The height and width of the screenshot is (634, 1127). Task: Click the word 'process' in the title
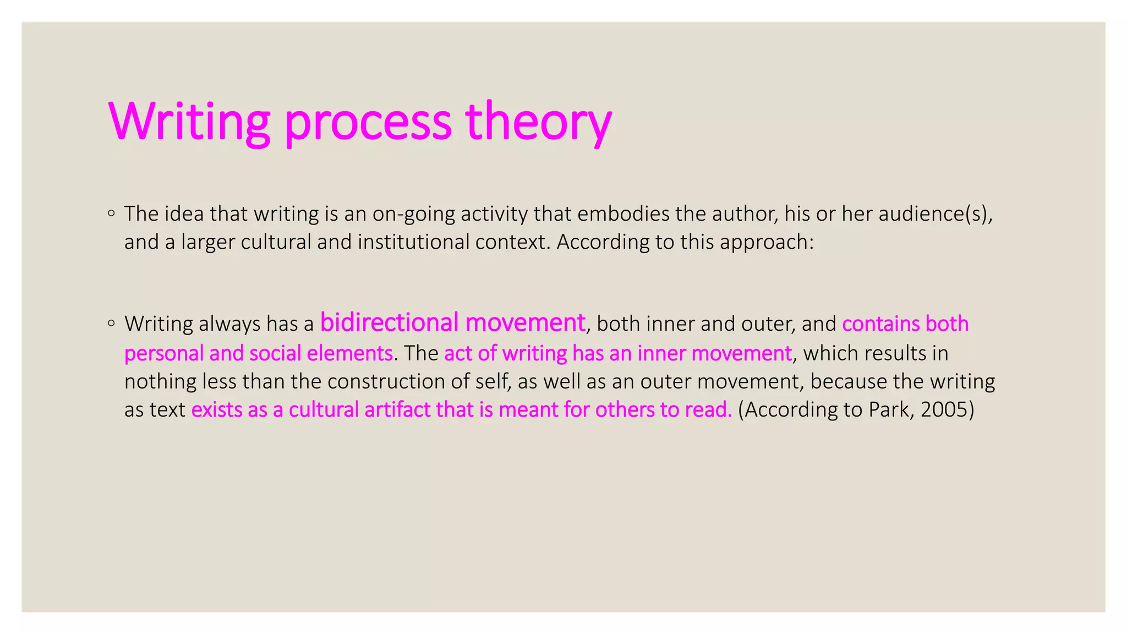pos(368,122)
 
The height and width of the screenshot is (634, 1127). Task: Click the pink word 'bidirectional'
pos(389,323)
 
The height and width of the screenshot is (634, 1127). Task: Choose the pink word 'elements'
pos(349,353)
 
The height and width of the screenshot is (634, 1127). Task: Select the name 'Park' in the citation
pos(889,410)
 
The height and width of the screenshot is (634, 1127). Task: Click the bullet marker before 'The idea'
pos(112,213)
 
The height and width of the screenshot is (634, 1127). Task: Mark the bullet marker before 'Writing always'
pos(112,323)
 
